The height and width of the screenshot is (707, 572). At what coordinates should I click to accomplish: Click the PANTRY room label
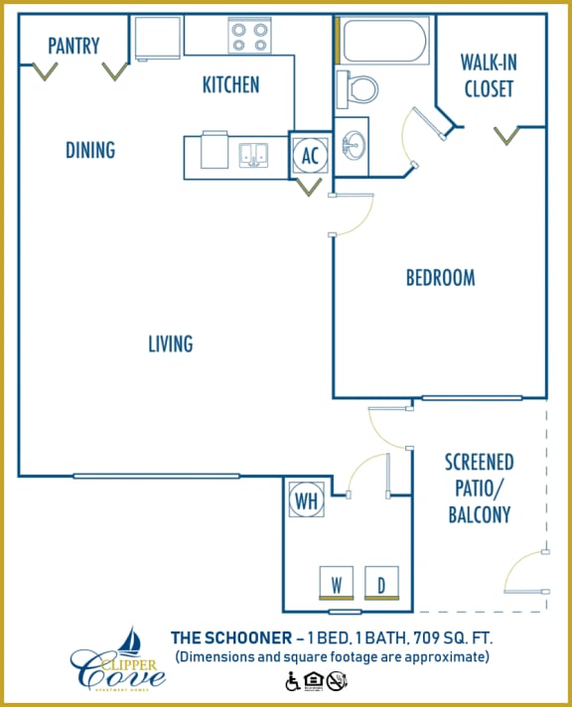point(73,46)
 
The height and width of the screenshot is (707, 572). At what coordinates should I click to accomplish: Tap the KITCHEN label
point(230,84)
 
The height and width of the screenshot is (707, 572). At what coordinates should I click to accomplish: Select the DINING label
point(90,150)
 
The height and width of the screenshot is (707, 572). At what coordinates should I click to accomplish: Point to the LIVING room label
point(170,344)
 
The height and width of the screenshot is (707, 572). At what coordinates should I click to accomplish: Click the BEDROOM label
point(440,278)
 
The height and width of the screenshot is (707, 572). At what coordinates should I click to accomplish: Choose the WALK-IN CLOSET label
point(487,75)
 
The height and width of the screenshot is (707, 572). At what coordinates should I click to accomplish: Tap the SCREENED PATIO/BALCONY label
point(479,488)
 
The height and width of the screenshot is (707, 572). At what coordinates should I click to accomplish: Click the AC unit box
point(310,155)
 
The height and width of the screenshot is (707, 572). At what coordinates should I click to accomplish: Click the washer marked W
point(337,583)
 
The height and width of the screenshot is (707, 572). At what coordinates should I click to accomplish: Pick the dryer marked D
point(381,583)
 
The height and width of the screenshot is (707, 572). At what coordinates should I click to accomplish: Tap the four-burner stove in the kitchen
point(249,36)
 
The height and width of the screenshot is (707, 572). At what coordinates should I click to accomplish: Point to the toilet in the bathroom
point(358,88)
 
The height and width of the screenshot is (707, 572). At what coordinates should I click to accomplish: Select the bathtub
point(382,41)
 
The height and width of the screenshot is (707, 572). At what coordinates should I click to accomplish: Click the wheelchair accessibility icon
point(293,681)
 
